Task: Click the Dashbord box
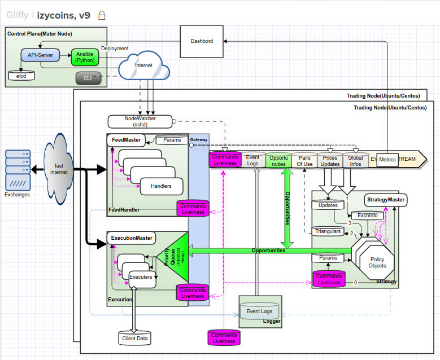(x=202, y=41)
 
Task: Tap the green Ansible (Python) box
(x=85, y=56)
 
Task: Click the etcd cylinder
(x=21, y=74)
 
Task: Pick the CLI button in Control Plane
(x=88, y=78)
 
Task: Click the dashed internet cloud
(x=144, y=65)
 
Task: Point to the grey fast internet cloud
(x=59, y=169)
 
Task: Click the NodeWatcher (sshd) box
(x=140, y=121)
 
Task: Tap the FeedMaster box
(x=125, y=139)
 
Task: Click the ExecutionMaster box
(x=131, y=238)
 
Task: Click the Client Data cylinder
(x=134, y=338)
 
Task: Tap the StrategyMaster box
(x=385, y=199)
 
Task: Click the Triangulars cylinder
(x=328, y=231)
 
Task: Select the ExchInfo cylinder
(x=367, y=216)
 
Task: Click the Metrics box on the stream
(x=387, y=160)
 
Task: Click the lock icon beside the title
(x=101, y=15)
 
